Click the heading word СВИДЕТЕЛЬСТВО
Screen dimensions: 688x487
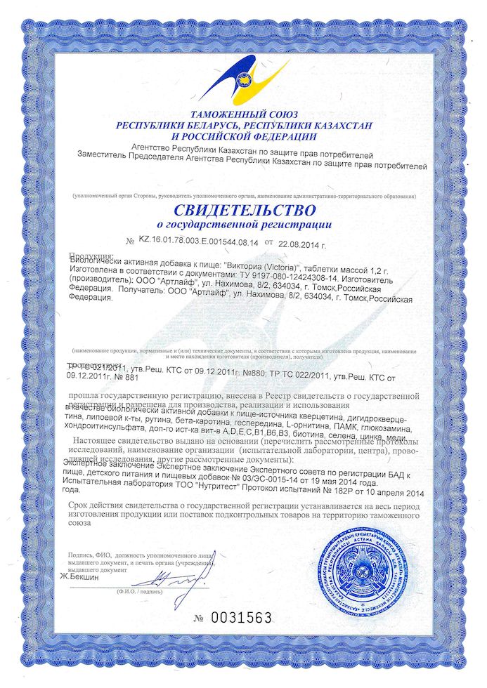pos(244,209)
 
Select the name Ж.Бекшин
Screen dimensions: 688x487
pos(79,577)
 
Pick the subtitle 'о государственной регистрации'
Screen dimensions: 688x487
pos(244,225)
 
